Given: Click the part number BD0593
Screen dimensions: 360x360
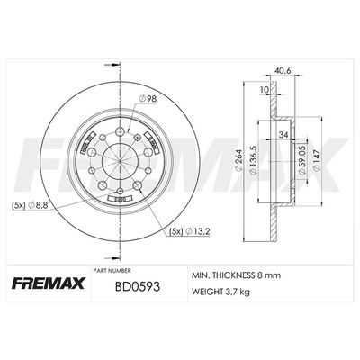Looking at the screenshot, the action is [x=138, y=287].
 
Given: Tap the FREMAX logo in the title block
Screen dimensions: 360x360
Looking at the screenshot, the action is [x=49, y=283].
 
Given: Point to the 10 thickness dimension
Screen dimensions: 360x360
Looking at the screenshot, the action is [x=265, y=89].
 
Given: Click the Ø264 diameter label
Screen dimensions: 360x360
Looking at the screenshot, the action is [x=238, y=161].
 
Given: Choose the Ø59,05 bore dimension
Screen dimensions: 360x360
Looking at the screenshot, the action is [x=302, y=160].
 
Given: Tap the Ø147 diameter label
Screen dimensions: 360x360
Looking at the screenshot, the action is [x=317, y=160].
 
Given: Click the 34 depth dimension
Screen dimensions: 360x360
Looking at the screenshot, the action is [x=283, y=135].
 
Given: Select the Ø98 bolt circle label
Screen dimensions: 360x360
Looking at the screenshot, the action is [x=148, y=98].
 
